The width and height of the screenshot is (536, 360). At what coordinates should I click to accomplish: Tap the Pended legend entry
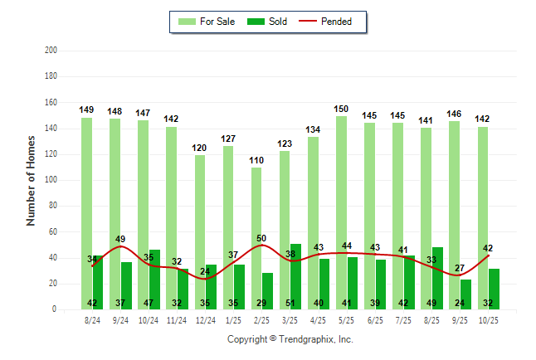tap(335, 22)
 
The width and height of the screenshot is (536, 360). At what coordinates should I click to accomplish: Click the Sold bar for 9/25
tap(466, 294)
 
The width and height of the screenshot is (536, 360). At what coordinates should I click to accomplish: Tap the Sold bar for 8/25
tap(438, 278)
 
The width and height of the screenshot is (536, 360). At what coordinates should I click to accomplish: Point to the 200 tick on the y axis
tap(51, 51)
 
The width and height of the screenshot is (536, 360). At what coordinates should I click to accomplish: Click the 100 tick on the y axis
tap(51, 180)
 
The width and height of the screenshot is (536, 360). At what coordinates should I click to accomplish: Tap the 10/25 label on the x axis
tap(489, 319)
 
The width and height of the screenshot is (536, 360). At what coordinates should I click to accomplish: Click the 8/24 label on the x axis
tap(93, 319)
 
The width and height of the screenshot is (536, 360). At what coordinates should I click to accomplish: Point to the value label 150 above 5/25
tap(341, 109)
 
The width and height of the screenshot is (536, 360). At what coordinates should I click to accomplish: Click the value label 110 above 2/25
tap(256, 160)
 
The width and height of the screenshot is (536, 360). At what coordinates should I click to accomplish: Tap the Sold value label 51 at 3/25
tap(290, 304)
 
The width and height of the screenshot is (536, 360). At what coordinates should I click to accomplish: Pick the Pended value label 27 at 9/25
tap(459, 268)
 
